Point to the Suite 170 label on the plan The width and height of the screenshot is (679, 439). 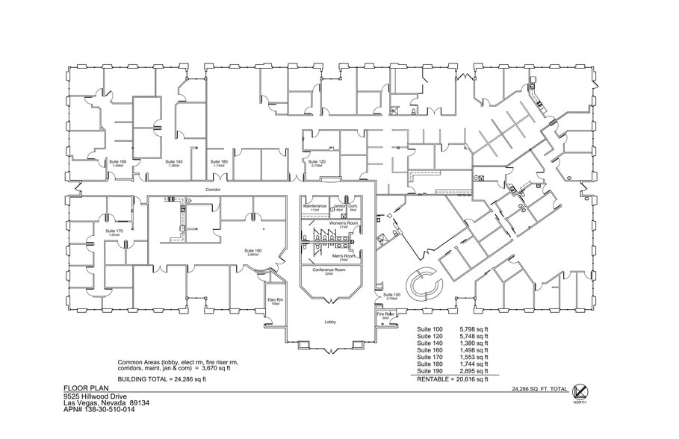[114, 232]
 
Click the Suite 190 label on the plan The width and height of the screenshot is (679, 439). [253, 252]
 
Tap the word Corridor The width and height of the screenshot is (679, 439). [215, 190]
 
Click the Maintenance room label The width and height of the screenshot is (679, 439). [314, 206]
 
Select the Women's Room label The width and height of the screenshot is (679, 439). [329, 224]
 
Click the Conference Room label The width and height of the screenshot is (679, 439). [329, 270]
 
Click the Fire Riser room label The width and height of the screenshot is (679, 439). [385, 315]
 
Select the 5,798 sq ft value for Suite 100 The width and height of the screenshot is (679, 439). [475, 329]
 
